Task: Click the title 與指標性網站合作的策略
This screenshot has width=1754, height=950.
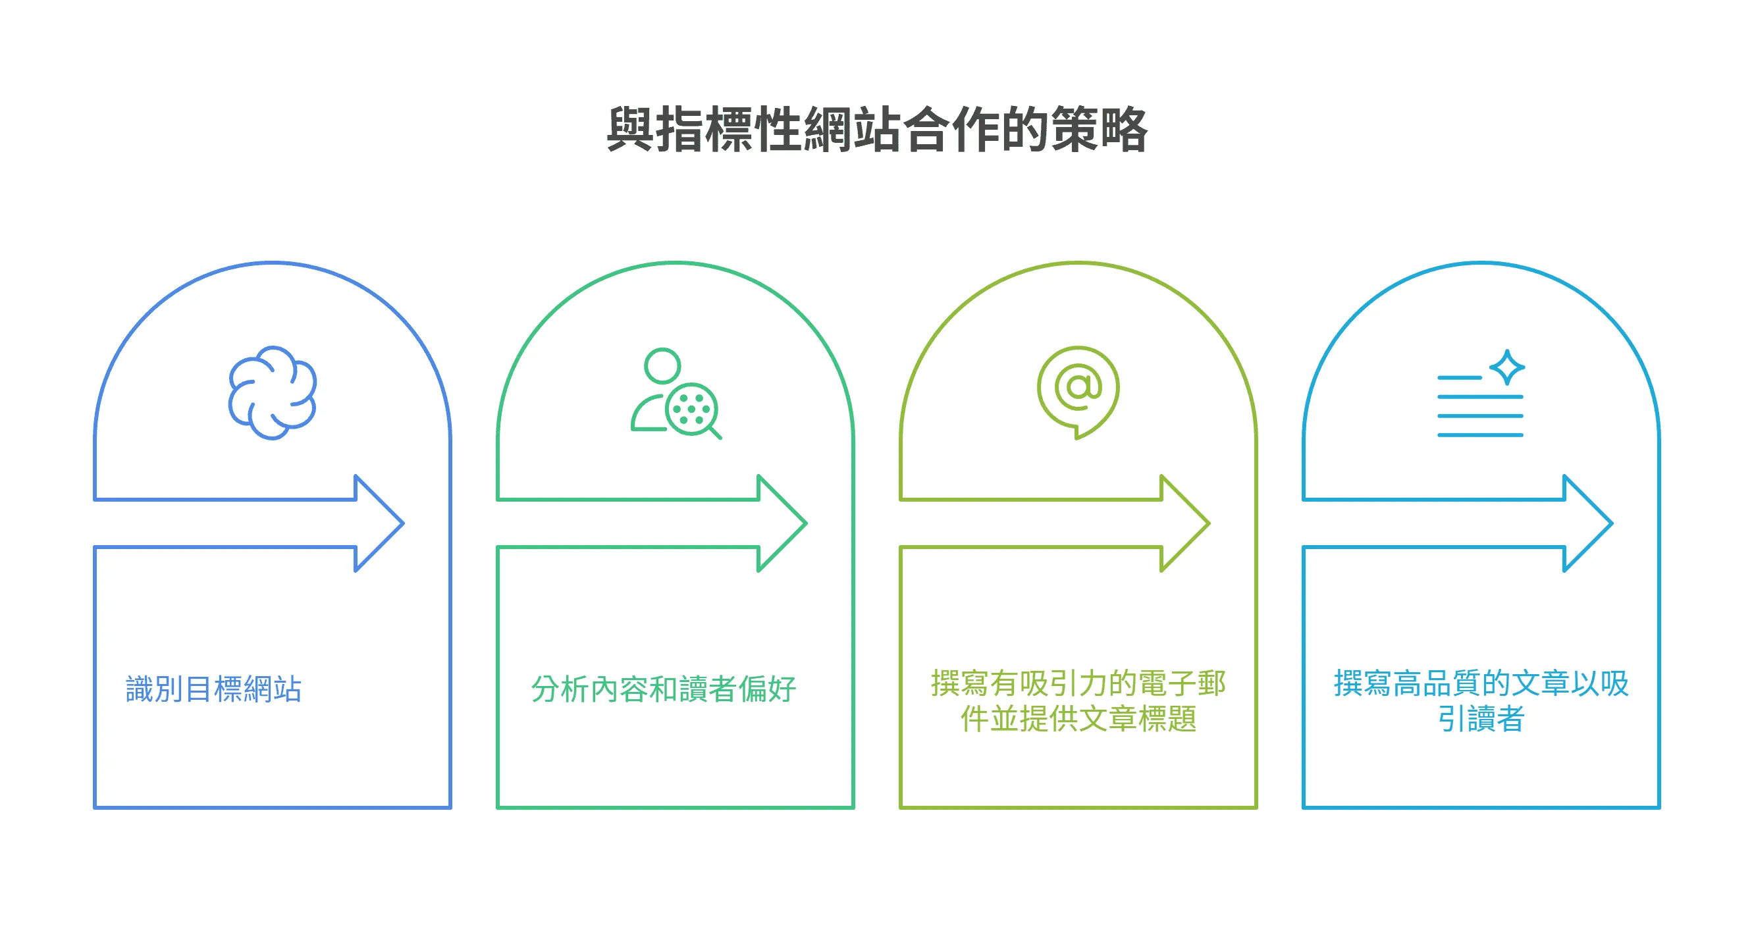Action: pyautogui.click(x=877, y=130)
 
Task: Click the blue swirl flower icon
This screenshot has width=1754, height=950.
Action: pyautogui.click(x=273, y=392)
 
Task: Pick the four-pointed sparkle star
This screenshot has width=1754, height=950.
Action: pyautogui.click(x=1507, y=367)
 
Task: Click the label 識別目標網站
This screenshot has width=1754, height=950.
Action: pyautogui.click(x=214, y=689)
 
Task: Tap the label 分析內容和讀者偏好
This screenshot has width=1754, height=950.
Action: pyautogui.click(x=663, y=689)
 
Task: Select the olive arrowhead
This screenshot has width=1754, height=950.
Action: pyautogui.click(x=1184, y=523)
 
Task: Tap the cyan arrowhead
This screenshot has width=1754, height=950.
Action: pyautogui.click(x=1587, y=523)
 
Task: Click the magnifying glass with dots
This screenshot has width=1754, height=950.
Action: pyautogui.click(x=692, y=410)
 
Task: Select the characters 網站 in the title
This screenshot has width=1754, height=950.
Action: pyautogui.click(x=852, y=130)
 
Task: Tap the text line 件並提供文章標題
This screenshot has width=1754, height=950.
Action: pyautogui.click(x=1078, y=718)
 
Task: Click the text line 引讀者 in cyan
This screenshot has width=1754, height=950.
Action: pyautogui.click(x=1481, y=718)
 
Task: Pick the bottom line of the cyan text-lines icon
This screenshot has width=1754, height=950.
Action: pyautogui.click(x=1479, y=435)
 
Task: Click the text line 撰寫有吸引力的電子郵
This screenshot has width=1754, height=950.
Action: pyautogui.click(x=1078, y=683)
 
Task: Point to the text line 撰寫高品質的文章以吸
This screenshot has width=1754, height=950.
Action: pyautogui.click(x=1481, y=683)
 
